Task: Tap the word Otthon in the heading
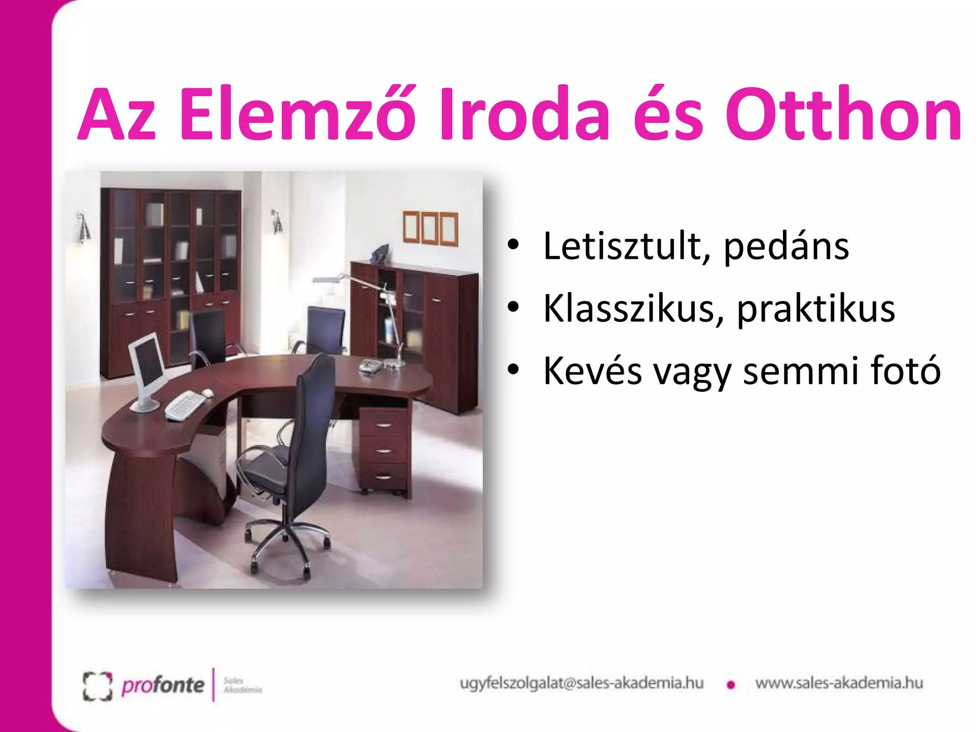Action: [x=844, y=114]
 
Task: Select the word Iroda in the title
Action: [x=524, y=114]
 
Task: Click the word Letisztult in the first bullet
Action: [x=622, y=246]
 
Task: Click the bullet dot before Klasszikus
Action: [x=513, y=307]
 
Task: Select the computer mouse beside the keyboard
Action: [x=208, y=393]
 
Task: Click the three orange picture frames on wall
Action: [x=430, y=228]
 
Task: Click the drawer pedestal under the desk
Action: [x=384, y=450]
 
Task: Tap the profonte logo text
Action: [x=163, y=685]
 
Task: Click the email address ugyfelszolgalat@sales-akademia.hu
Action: [x=581, y=683]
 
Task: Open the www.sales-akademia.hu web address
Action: [x=839, y=683]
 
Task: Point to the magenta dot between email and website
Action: [x=731, y=685]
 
